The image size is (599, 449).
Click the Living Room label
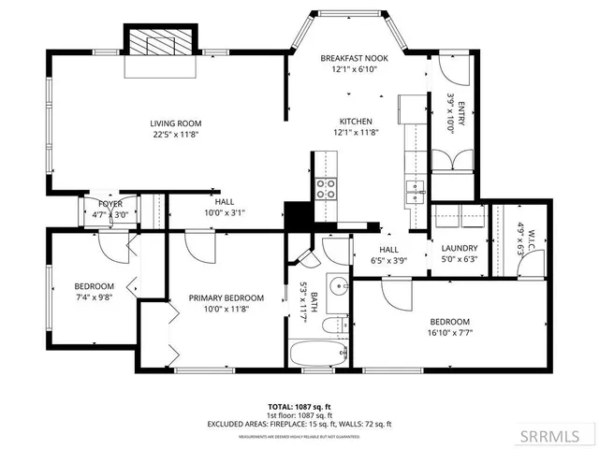coord(176,123)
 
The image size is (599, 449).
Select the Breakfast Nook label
coord(356,57)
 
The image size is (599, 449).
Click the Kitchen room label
coord(356,122)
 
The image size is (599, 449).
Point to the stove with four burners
coord(325,189)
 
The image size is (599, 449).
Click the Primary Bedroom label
coord(226,298)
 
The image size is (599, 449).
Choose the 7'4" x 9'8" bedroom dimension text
coord(94,297)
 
